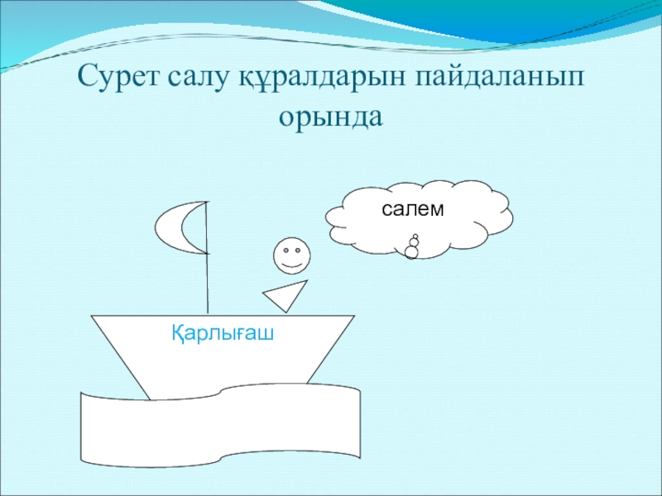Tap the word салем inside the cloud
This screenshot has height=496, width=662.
412,209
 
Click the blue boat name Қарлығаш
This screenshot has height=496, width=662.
223,333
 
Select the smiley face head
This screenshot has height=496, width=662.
292,255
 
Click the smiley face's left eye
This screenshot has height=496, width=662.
285,250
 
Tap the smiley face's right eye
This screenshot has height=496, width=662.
298,250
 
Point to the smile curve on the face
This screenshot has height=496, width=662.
291,265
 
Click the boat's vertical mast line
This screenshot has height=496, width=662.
207,258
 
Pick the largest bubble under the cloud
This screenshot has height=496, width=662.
411,252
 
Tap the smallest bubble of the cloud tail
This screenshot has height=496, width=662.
415,236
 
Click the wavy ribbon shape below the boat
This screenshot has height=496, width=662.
220,424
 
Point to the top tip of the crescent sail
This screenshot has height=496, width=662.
206,202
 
